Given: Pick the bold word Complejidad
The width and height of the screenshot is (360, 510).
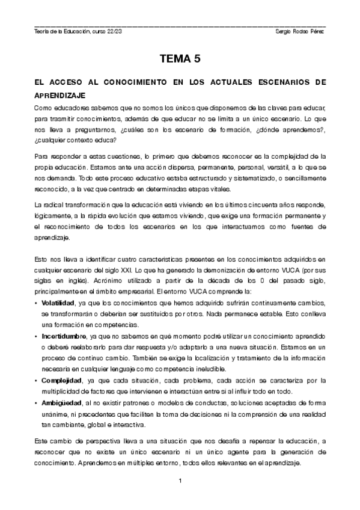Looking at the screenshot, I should pos(63,380).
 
